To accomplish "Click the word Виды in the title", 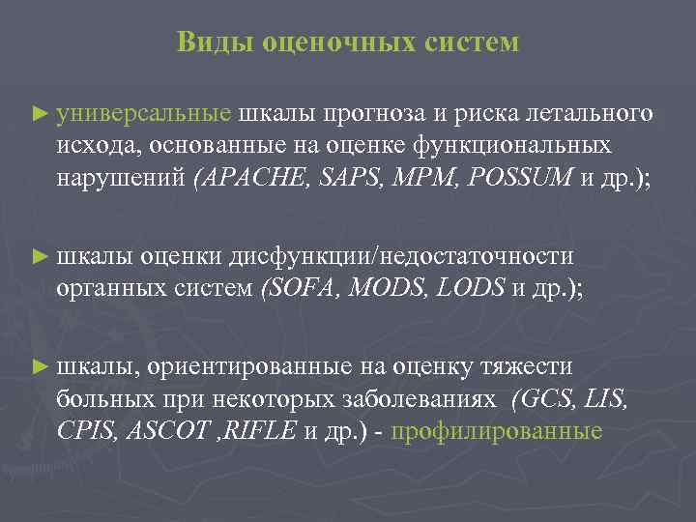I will tap(209, 43).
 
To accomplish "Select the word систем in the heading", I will tap(471, 43).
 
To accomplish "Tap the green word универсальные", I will tap(144, 114).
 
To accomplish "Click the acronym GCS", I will tap(546, 398).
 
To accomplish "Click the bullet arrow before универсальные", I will tap(39, 115).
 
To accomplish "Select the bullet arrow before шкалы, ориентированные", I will tap(39, 367).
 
